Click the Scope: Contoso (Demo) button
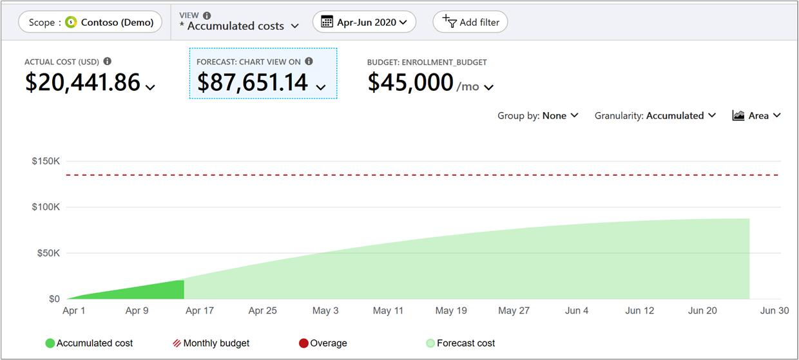pos(90,23)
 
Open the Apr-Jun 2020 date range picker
pos(364,23)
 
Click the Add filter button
pos(470,23)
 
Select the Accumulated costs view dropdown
pos(239,26)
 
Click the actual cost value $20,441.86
pos(83,82)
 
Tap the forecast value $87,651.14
pos(253,82)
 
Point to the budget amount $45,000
pos(410,82)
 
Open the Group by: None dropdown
pos(537,116)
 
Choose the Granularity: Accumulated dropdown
pos(655,116)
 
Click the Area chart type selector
pos(756,116)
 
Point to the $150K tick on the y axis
pos(46,161)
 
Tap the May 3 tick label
pos(325,310)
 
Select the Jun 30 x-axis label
pos(774,310)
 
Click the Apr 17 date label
pos(199,310)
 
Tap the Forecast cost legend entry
pos(460,343)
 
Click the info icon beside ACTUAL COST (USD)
pos(108,62)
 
